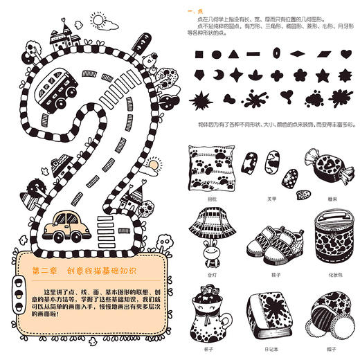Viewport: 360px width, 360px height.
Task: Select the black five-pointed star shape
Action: click(321, 73)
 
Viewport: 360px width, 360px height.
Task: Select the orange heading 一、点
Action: click(197, 12)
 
